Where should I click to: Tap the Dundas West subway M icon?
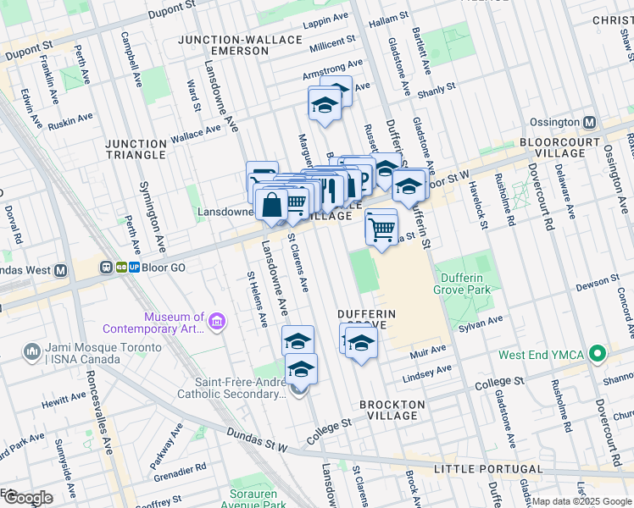pos(60,271)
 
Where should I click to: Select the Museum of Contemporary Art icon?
pos(217,322)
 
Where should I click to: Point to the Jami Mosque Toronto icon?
pos(31,350)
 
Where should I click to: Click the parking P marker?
pos(361,179)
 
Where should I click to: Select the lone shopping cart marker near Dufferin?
pos(381,226)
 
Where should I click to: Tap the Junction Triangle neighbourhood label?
pos(136,150)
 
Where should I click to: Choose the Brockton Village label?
pos(389,410)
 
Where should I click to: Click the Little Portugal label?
pos(487,469)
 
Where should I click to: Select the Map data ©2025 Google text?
pos(581,501)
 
